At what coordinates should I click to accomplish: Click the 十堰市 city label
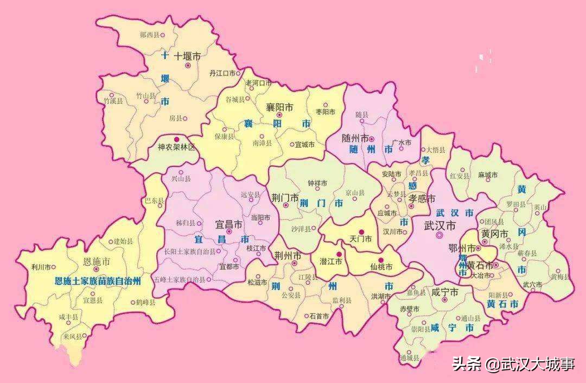[x=187, y=56]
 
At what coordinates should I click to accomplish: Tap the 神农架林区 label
[x=176, y=147]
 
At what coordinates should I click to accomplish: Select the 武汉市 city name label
[x=439, y=225]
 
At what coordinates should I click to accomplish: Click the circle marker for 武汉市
[x=439, y=236]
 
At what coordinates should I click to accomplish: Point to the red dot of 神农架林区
[x=176, y=139]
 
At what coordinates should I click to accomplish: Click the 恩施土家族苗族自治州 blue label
[x=98, y=281]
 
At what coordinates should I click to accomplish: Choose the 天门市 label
[x=360, y=239]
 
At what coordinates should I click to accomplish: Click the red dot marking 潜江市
[x=339, y=254]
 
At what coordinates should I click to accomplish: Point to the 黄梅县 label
[x=560, y=277]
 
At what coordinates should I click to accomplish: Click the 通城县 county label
[x=409, y=357]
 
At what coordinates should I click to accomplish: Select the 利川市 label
[x=41, y=267]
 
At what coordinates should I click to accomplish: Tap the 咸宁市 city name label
[x=445, y=292]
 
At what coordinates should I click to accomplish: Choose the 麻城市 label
[x=488, y=175]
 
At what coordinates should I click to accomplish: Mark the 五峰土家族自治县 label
[x=180, y=280]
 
